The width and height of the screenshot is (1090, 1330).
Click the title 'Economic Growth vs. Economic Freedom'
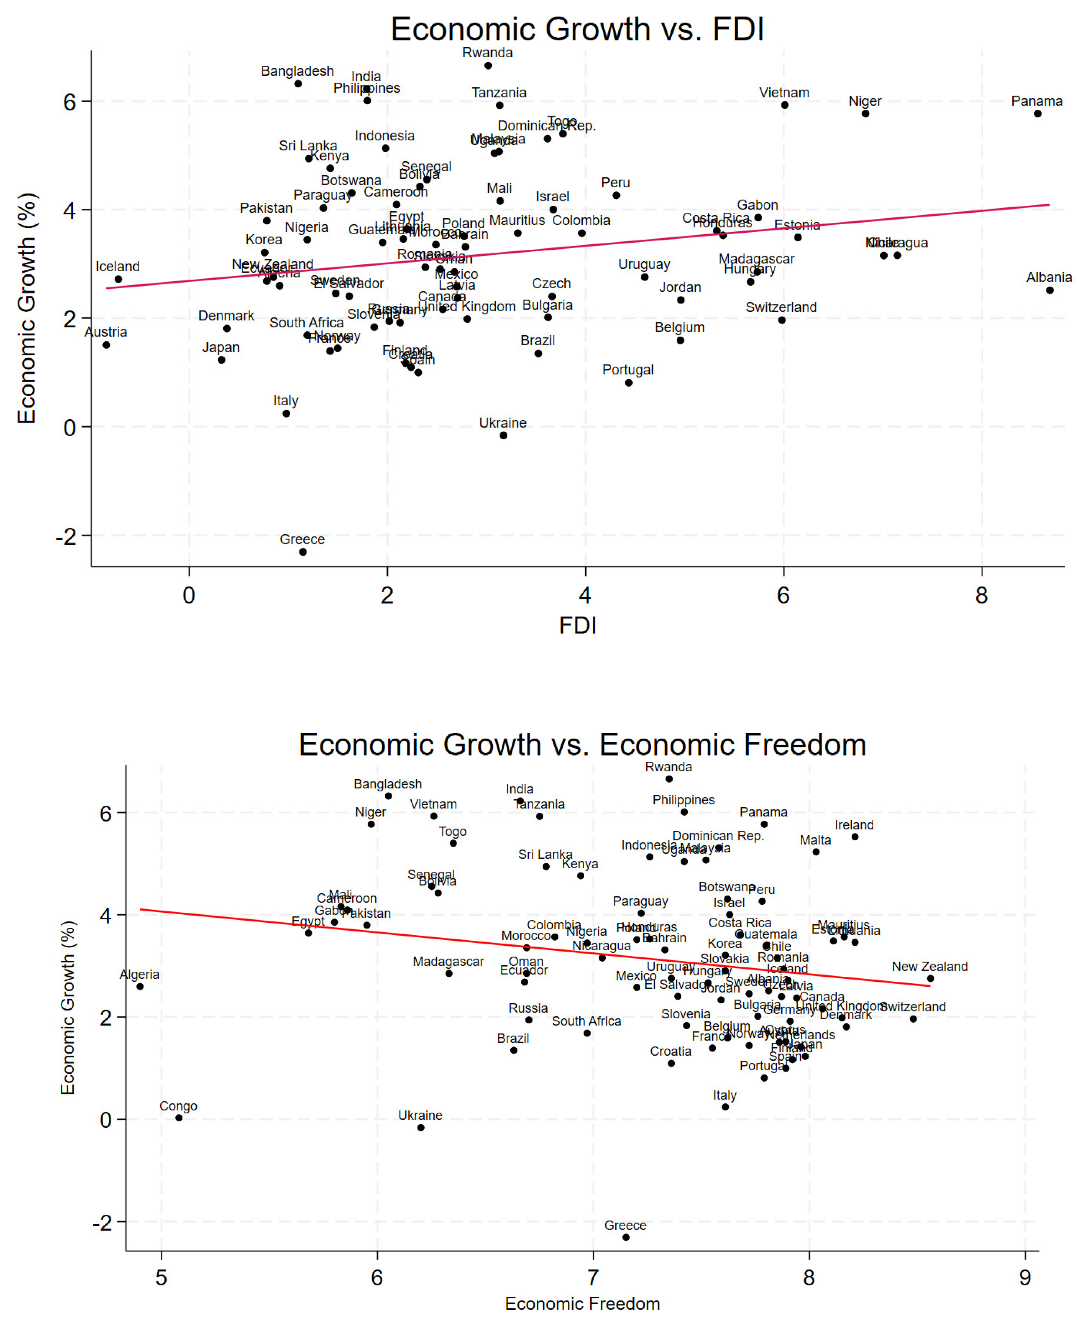coord(582,745)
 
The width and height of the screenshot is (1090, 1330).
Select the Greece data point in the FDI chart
coord(302,552)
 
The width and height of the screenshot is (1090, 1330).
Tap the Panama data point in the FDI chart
coord(1037,114)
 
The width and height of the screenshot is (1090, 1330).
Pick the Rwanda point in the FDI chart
coord(488,65)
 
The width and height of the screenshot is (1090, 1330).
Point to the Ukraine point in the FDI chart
coord(503,435)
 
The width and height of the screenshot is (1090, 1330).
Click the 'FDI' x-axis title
coord(577,626)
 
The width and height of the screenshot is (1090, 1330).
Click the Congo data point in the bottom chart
coord(179,1118)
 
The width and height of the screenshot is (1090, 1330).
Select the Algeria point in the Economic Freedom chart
coord(140,986)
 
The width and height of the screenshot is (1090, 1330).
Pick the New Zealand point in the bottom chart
coord(930,978)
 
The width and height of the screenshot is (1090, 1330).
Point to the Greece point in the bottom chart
coord(625,1237)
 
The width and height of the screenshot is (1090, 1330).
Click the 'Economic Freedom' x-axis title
coord(582,1304)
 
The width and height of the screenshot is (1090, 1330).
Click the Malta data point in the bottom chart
coord(816,852)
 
